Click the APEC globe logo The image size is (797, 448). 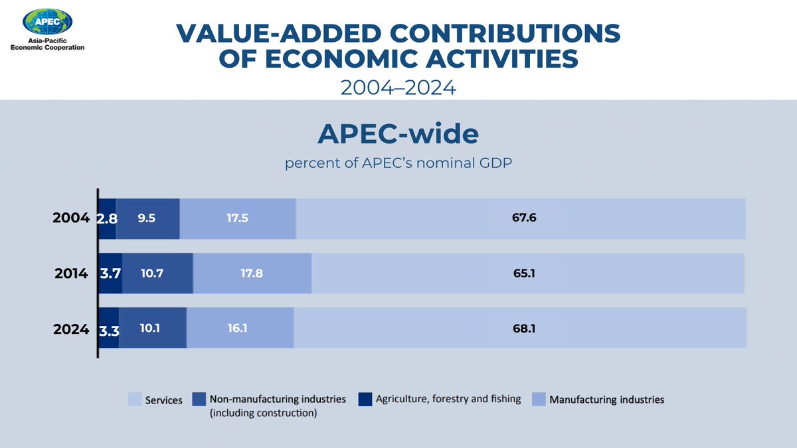[47, 21]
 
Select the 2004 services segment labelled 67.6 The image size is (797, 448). [521, 218]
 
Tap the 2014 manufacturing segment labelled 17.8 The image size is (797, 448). [252, 273]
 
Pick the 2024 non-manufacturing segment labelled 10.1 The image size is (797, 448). [153, 328]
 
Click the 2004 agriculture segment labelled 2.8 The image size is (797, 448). [108, 218]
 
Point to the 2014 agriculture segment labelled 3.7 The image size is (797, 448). [110, 273]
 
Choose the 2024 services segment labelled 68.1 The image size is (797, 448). [520, 328]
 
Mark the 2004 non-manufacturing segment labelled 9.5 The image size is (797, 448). [148, 218]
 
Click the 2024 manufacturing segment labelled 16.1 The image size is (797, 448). [240, 328]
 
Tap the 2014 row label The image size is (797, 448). [72, 273]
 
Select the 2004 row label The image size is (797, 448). [71, 218]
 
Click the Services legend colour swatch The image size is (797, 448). [134, 400]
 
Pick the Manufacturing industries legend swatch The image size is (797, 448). [538, 400]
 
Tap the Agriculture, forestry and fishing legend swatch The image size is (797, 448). [364, 400]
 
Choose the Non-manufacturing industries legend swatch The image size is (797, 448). [199, 400]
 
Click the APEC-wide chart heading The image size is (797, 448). [398, 135]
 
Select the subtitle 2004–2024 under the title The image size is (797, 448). [398, 88]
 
